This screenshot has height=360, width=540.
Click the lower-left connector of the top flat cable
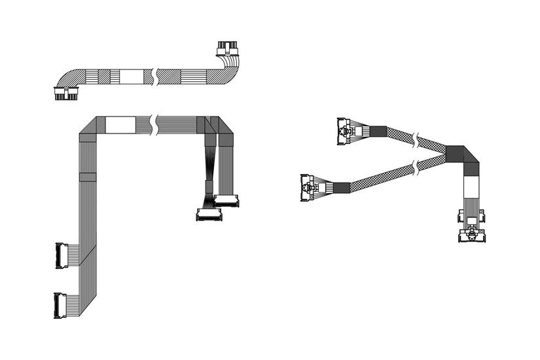click(x=65, y=94)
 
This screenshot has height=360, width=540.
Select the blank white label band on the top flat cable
click(x=131, y=76)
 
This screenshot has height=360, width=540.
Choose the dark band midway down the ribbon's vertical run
click(x=87, y=177)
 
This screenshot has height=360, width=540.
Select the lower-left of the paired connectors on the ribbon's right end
click(x=209, y=214)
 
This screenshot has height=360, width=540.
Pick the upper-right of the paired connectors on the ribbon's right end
click(x=226, y=200)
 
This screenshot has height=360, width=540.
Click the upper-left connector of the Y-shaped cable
click(x=345, y=131)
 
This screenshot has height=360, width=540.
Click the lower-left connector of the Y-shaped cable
click(x=308, y=187)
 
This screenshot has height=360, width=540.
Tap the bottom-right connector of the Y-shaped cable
click(x=472, y=226)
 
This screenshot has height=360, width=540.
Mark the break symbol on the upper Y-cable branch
click(x=415, y=139)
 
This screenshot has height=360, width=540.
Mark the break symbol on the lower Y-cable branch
click(x=415, y=170)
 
